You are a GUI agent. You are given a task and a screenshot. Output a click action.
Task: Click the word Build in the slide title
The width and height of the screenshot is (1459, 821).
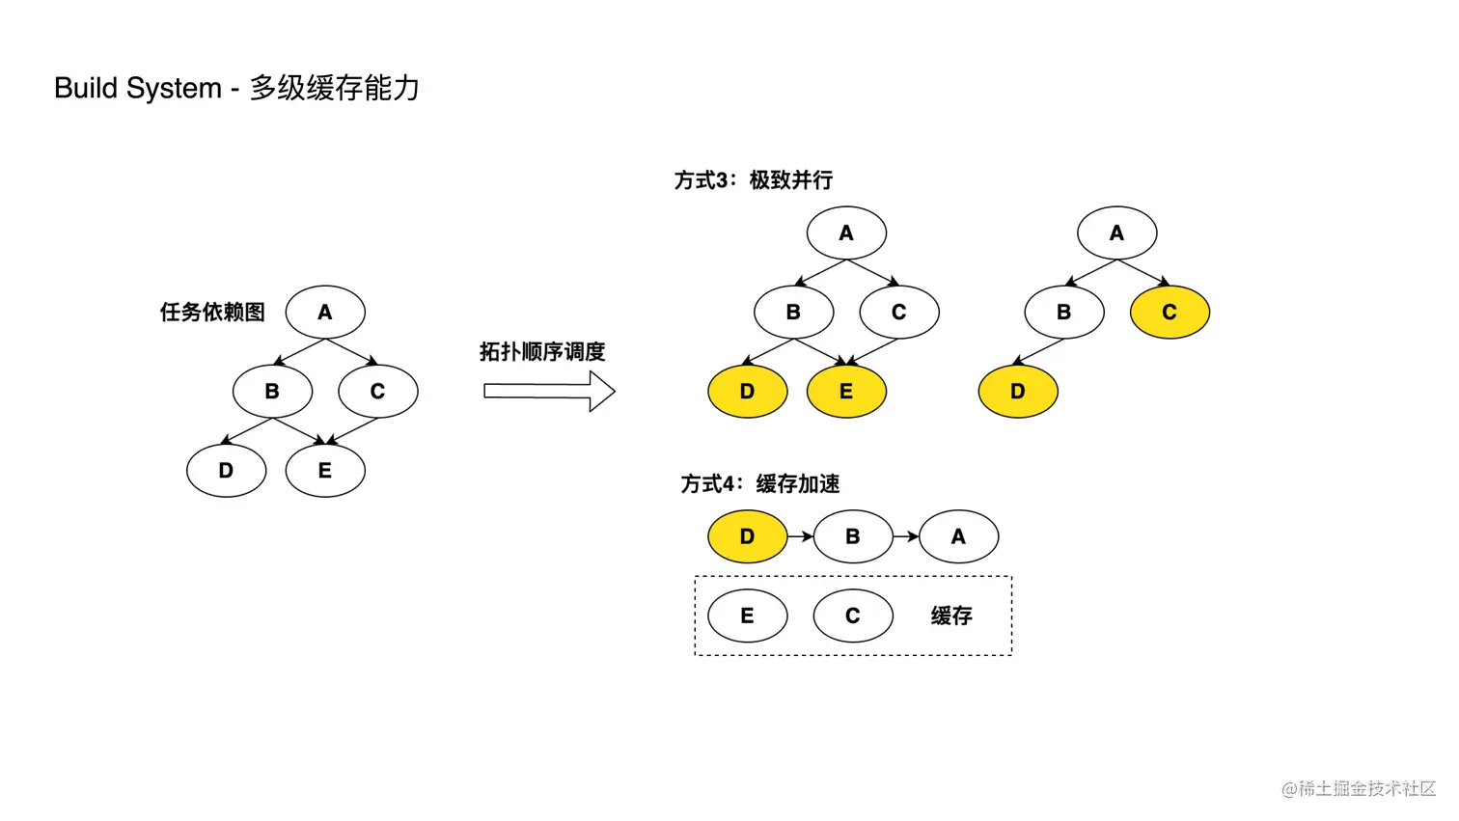coord(85,89)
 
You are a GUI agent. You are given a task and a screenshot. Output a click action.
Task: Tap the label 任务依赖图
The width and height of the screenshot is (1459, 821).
coord(212,313)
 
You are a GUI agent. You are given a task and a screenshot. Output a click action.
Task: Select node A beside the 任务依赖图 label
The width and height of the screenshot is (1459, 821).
coord(325,313)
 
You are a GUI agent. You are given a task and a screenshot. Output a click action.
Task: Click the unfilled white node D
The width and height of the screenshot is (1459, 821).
coord(226,471)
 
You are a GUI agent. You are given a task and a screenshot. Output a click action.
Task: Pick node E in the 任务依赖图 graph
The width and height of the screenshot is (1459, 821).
coord(325,471)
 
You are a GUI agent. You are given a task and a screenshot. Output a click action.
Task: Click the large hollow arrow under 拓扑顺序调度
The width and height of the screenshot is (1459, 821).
coord(549,391)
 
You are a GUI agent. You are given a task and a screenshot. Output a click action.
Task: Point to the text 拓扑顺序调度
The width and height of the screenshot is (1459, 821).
coord(542,352)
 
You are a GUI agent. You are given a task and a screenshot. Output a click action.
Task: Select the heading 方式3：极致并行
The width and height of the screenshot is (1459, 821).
coord(753,180)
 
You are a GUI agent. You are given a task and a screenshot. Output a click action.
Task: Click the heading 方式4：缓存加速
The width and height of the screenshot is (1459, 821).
coord(759,484)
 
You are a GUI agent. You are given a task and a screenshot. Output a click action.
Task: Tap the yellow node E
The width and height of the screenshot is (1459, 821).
coord(846,392)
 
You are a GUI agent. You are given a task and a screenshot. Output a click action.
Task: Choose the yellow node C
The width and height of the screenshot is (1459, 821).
coord(1170,313)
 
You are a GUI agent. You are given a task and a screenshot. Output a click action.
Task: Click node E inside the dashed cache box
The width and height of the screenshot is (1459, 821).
coord(747,616)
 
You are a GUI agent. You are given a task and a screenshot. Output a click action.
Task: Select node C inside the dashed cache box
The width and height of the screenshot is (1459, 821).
coord(853,616)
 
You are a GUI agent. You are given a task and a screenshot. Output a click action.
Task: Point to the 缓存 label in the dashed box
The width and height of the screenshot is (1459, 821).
coord(951,616)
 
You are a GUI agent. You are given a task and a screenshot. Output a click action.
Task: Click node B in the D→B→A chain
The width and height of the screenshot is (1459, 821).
coord(853,536)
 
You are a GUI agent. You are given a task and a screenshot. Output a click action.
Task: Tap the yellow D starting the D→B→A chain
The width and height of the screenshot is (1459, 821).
coord(747,536)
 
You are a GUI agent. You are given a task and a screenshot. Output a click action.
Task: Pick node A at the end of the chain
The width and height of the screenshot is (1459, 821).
coord(958,536)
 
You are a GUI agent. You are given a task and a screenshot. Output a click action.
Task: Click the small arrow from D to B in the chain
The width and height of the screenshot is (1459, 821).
coord(801,536)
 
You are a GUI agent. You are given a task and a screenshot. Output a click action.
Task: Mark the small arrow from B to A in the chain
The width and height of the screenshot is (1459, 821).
coord(906,536)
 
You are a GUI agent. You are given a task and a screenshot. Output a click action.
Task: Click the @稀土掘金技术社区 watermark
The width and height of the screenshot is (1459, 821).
coord(1359,789)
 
